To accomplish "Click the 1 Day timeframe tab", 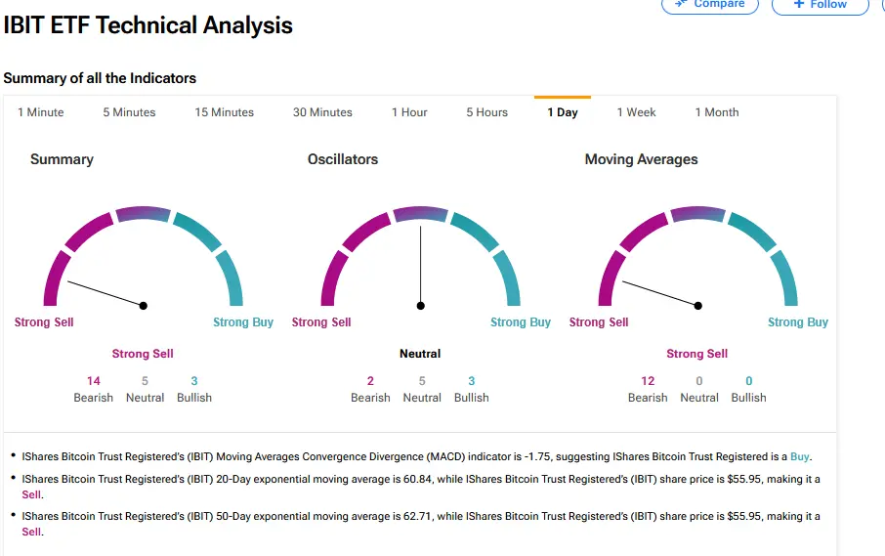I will (x=562, y=112).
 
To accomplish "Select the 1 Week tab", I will (x=636, y=112).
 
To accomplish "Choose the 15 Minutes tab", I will (x=224, y=112).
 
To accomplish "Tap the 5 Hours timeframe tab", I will (x=486, y=112).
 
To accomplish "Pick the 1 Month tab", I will (x=716, y=112).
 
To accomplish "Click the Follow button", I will (x=820, y=5).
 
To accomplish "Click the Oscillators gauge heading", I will (x=342, y=159).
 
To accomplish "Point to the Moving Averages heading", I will (x=641, y=159).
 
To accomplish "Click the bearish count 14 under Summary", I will (x=94, y=381).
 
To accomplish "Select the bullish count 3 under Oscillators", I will (x=472, y=381).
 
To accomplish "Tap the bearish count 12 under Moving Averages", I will (x=648, y=381).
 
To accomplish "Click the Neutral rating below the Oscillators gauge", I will (x=420, y=354).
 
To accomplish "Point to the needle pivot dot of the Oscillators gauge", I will (x=421, y=306).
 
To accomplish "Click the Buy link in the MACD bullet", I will (x=800, y=456).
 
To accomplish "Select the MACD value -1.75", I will (x=520, y=456).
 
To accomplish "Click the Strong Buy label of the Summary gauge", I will (x=243, y=322).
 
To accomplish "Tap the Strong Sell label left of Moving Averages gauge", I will (x=599, y=322).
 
